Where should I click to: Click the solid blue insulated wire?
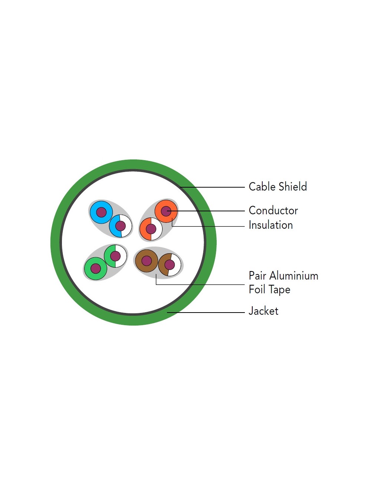click(x=101, y=212)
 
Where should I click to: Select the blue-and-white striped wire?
click(x=121, y=226)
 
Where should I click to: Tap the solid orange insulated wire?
click(x=166, y=211)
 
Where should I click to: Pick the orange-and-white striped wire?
click(x=151, y=229)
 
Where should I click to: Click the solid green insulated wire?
click(x=96, y=268)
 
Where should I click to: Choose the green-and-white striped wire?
click(x=115, y=256)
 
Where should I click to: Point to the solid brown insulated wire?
click(x=147, y=261)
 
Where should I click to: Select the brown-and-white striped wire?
click(x=170, y=265)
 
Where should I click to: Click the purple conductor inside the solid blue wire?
click(x=101, y=212)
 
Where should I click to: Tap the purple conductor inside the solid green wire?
click(x=96, y=268)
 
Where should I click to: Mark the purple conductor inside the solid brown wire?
click(x=147, y=261)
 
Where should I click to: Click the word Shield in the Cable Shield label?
click(x=292, y=186)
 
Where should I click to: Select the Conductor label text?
click(x=273, y=210)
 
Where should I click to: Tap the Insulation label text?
click(x=271, y=225)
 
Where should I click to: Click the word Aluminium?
click(x=294, y=276)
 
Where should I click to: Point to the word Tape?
click(x=279, y=290)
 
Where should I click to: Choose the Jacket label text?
click(x=263, y=311)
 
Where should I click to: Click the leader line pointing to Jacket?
click(x=206, y=313)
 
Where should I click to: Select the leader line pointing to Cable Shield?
click(x=212, y=187)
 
